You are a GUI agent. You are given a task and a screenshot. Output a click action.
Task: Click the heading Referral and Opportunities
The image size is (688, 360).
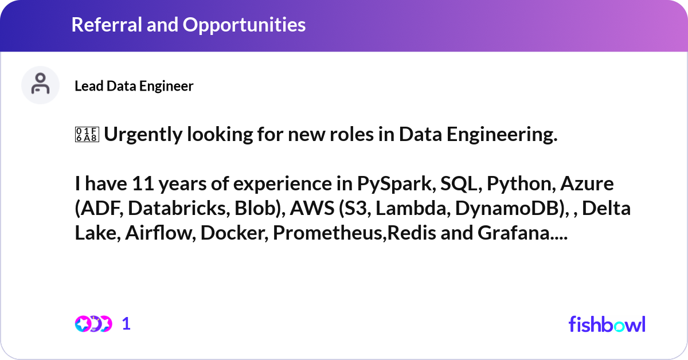click(188, 25)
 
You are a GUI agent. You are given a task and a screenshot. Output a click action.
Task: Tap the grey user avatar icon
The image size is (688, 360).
click(40, 85)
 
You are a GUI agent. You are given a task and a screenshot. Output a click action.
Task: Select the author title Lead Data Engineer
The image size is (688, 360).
click(134, 86)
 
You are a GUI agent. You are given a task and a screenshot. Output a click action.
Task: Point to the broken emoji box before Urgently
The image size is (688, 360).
click(87, 135)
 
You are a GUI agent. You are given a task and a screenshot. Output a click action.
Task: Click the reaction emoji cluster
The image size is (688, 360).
click(93, 324)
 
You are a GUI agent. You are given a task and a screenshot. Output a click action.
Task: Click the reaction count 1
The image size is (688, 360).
click(127, 324)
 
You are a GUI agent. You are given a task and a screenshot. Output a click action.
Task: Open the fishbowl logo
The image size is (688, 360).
click(607, 324)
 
